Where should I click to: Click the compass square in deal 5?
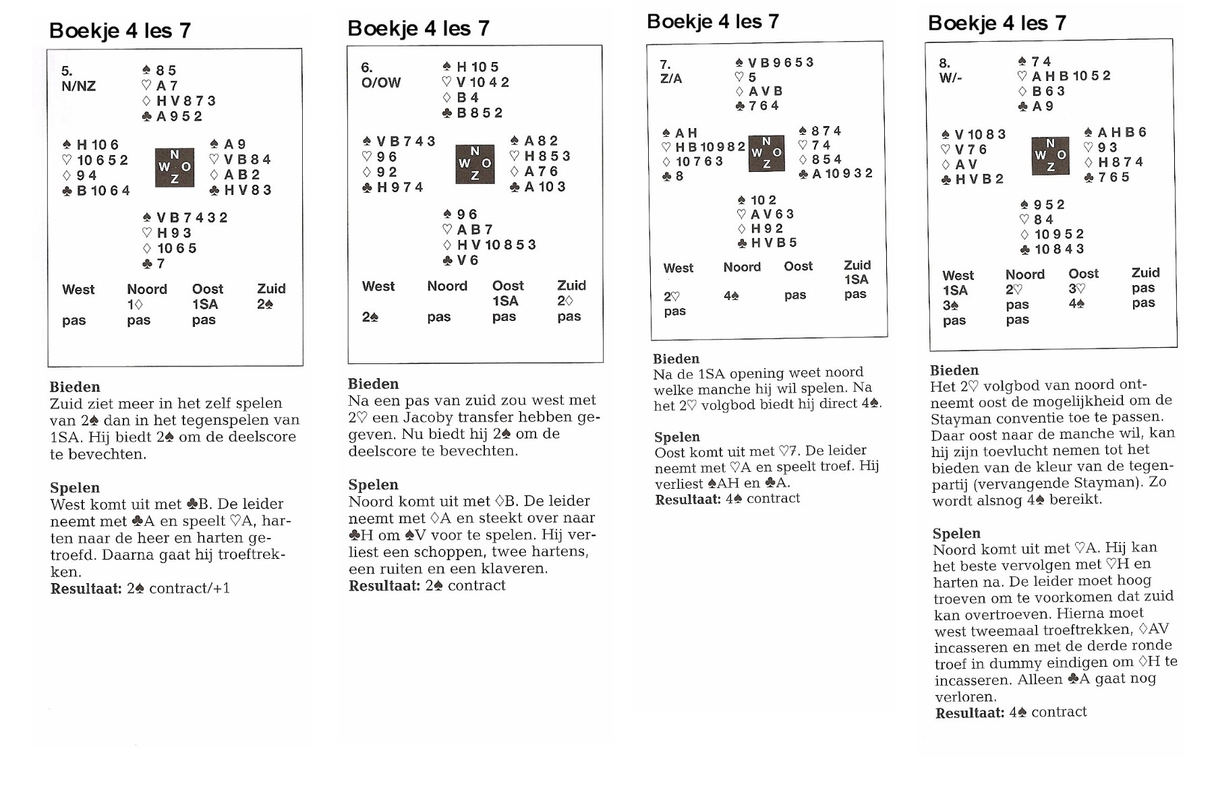175,167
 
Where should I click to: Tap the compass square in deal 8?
1050,156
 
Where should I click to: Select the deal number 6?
367,67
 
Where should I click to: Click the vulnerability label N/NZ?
78,86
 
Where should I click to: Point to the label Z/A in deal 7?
671,79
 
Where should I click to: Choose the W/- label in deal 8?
950,78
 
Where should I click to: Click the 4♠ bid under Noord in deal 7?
730,295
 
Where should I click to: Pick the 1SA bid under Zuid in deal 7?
856,279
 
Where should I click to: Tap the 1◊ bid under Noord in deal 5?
135,305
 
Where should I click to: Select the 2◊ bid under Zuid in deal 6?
565,301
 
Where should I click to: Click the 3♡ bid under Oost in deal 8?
1076,289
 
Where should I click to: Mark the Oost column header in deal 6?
508,286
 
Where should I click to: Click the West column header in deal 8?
958,276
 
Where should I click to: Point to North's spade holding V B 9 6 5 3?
775,63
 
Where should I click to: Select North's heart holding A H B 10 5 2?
1064,76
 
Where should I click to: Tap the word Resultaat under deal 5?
86,589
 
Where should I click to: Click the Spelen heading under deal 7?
677,437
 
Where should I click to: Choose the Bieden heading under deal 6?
373,384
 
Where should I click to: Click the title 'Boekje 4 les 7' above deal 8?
997,24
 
